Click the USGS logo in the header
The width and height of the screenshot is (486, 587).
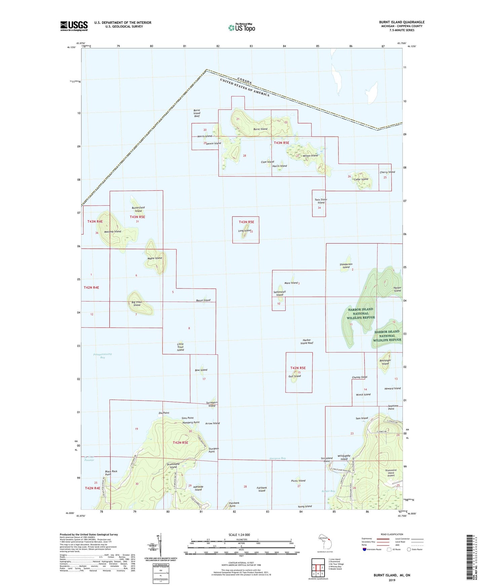pyautogui.click(x=74, y=26)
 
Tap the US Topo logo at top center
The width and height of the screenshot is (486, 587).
pyautogui.click(x=241, y=28)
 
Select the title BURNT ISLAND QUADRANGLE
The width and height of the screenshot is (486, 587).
pyautogui.click(x=402, y=22)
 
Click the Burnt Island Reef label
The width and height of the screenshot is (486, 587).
pyautogui.click(x=197, y=113)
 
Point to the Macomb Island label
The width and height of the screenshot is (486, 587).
pyautogui.click(x=113, y=232)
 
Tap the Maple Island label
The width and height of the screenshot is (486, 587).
pyautogui.click(x=155, y=258)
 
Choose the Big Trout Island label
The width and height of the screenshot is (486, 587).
pyautogui.click(x=136, y=304)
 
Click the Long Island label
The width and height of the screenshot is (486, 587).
pyautogui.click(x=245, y=231)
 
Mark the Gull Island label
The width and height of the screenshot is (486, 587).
pyautogui.click(x=295, y=376)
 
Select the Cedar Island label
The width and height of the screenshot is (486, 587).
pyautogui.click(x=361, y=179)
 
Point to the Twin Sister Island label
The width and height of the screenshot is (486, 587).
pyautogui.click(x=321, y=201)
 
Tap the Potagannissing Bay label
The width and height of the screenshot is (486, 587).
pyautogui.click(x=103, y=356)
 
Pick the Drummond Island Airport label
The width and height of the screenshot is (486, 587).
pyautogui.click(x=390, y=473)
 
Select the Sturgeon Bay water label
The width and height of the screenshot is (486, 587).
pyautogui.click(x=277, y=458)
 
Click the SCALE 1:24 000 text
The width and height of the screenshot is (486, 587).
pyautogui.click(x=239, y=535)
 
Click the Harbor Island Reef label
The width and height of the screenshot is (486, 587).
pyautogui.click(x=306, y=342)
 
